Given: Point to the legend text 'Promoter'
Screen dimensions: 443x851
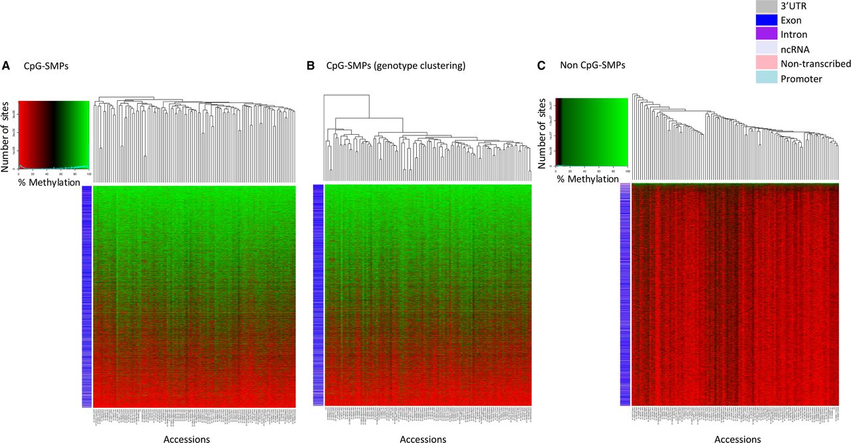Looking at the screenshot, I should point(802,78).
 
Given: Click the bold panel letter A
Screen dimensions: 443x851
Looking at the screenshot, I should point(6,65).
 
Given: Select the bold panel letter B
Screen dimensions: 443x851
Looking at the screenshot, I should point(310,66).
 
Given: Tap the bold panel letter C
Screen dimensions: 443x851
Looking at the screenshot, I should point(541,65).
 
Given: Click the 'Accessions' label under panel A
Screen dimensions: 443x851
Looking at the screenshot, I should point(186,439).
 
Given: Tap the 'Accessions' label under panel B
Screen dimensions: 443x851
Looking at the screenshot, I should point(423,439).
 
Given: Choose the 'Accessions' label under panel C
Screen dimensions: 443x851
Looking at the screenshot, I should point(737,439).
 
